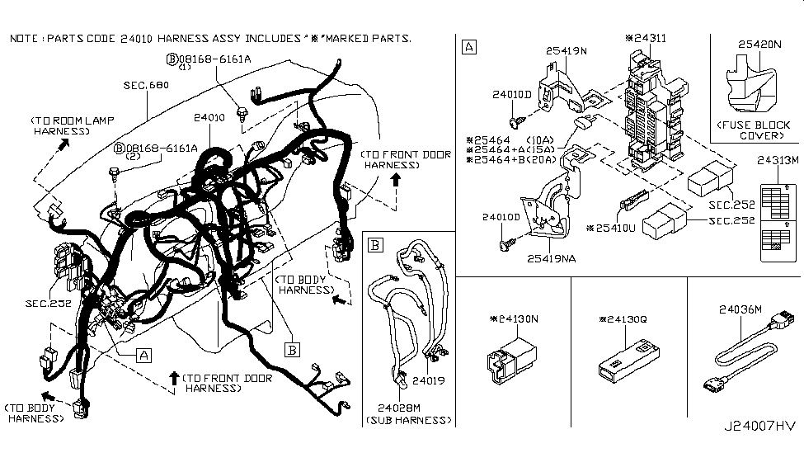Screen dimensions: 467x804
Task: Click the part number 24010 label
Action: [x=209, y=118]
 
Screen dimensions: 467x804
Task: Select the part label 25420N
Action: [x=759, y=45]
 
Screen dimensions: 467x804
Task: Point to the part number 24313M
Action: [x=779, y=159]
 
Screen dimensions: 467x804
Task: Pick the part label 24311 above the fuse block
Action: [x=651, y=38]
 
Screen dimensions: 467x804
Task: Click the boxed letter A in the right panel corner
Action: [x=468, y=46]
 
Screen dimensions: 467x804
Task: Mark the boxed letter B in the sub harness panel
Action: [x=374, y=244]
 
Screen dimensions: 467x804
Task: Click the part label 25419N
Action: [x=567, y=50]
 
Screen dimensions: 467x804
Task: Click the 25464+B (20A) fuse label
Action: [x=510, y=160]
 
